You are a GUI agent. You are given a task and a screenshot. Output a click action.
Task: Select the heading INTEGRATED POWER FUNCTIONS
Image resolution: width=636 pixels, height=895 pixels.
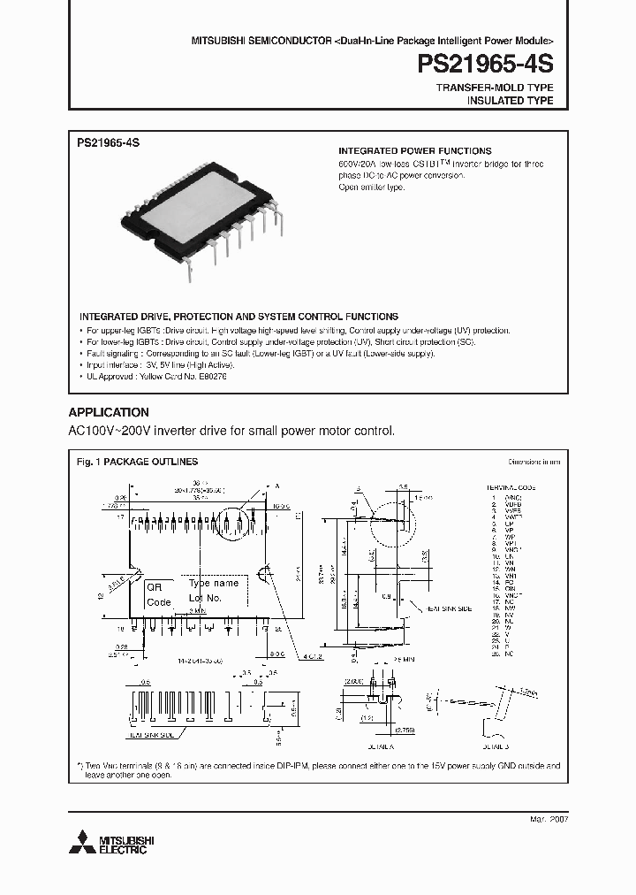point(415,151)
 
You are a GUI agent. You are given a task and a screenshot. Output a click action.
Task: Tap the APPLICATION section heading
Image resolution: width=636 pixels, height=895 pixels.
point(109,412)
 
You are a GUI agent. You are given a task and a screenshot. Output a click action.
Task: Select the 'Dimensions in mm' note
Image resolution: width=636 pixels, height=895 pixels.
point(534,462)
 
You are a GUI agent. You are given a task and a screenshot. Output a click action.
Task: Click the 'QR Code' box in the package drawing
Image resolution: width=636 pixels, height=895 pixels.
point(159,594)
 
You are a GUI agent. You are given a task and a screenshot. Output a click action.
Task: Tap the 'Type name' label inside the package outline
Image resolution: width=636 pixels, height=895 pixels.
point(214,584)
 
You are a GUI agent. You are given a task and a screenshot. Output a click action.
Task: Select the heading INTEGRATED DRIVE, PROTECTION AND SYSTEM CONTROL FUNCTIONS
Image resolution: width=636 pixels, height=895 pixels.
point(238,316)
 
